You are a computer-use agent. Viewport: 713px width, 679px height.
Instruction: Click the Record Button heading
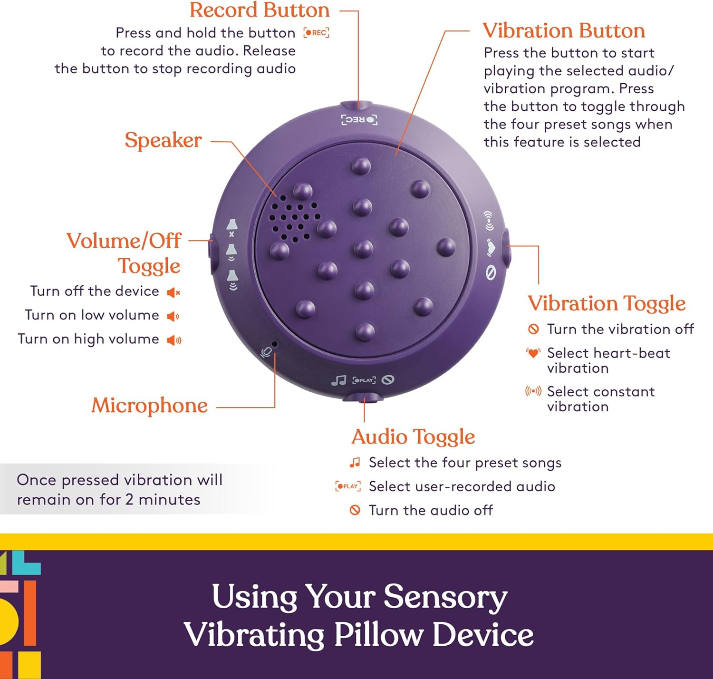click(260, 10)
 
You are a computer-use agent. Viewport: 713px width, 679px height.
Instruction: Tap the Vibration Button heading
click(564, 31)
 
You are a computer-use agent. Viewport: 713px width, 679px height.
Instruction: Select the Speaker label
click(163, 140)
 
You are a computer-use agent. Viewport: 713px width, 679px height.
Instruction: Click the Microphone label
click(150, 406)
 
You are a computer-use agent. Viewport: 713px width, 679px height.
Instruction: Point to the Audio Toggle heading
click(413, 436)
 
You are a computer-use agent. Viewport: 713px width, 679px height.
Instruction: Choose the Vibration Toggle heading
click(607, 303)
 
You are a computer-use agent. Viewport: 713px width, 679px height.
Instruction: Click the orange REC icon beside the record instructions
click(317, 33)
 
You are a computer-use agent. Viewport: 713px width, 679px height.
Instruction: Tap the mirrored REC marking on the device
click(359, 119)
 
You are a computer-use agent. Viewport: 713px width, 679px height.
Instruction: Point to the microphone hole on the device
click(274, 344)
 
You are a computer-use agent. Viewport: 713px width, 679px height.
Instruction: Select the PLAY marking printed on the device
click(364, 380)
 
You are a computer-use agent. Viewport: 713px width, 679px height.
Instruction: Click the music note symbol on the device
click(338, 380)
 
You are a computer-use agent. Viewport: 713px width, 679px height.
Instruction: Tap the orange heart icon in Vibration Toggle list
click(533, 353)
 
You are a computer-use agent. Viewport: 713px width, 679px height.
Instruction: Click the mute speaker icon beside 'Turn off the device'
click(173, 292)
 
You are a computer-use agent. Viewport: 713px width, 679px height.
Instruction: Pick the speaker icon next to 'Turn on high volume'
click(174, 340)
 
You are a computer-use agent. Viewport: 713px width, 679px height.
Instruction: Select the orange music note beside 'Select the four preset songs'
click(355, 462)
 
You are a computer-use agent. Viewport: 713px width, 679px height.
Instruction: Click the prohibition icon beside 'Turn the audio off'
click(355, 510)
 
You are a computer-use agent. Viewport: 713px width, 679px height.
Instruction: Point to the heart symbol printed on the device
click(491, 247)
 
